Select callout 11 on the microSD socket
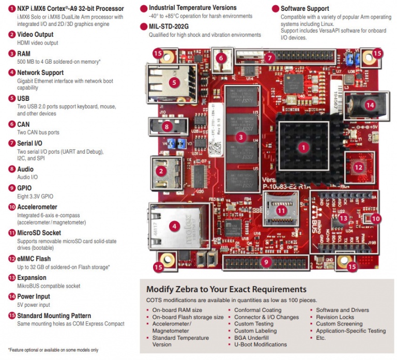281,211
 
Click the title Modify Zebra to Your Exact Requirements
226,289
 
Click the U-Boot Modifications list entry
260,344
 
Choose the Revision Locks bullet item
335,317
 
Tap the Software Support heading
304,9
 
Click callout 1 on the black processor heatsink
303,147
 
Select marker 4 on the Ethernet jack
175,226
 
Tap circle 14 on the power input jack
369,104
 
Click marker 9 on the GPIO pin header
266,262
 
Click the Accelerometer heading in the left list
40,206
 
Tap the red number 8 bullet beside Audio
12,169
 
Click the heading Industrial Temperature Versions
192,8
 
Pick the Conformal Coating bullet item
257,310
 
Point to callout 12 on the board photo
358,167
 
